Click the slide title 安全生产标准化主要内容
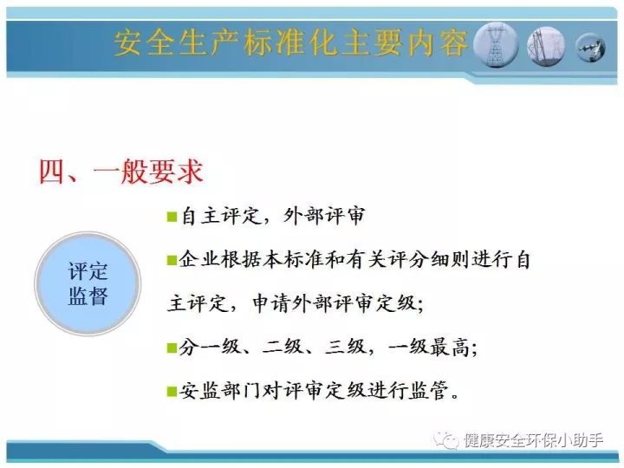pos(290,43)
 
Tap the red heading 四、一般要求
pos(121,172)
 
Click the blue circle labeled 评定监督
pos(88,283)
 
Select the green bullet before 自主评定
pos(172,217)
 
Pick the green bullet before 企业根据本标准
pos(172,261)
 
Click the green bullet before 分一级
pos(172,348)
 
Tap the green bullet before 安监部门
pos(172,392)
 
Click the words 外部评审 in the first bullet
pos(324,216)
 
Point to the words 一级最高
pos(429,347)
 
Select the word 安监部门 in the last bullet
pos(219,391)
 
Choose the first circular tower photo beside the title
pos(496,45)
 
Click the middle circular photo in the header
pos(546,47)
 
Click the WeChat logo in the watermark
pos(446,440)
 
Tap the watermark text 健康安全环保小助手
pos(533,440)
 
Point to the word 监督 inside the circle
pos(88,296)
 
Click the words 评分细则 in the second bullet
pos(429,260)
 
